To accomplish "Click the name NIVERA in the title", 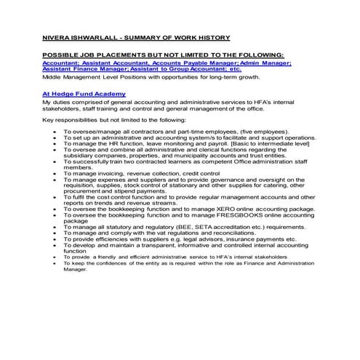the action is pyautogui.click(x=56, y=37).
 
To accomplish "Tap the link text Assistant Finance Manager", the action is pyautogui.click(x=87, y=69).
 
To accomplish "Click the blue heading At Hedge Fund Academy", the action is pyautogui.click(x=84, y=94).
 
